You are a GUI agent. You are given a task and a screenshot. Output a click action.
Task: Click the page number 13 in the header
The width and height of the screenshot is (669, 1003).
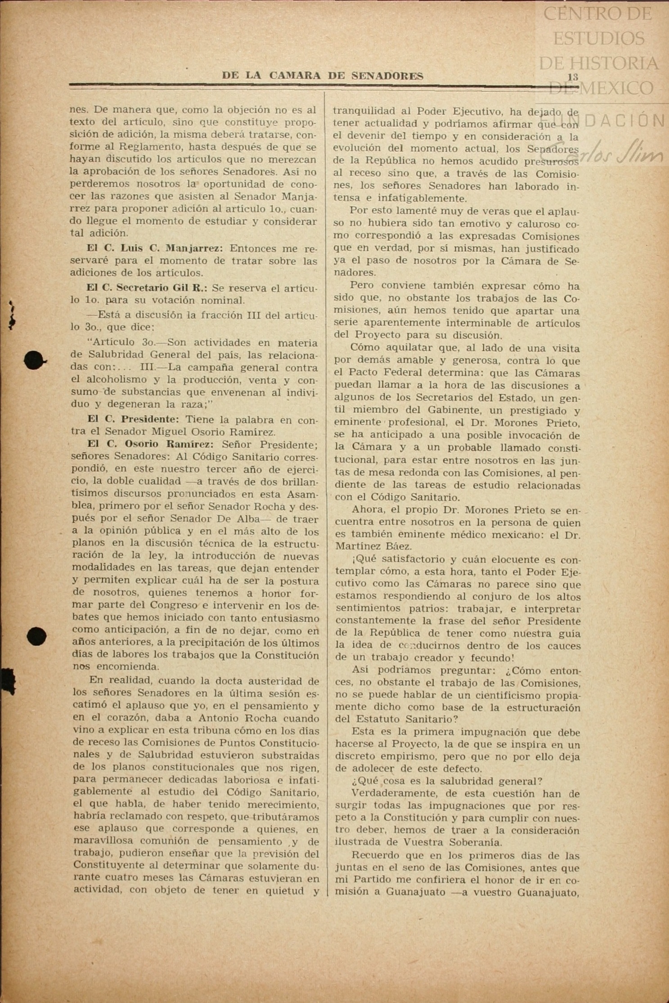(x=572, y=77)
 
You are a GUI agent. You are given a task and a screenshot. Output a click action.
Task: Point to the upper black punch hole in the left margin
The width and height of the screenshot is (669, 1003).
(x=34, y=360)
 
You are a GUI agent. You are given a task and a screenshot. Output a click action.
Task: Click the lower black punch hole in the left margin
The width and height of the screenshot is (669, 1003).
(x=36, y=636)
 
